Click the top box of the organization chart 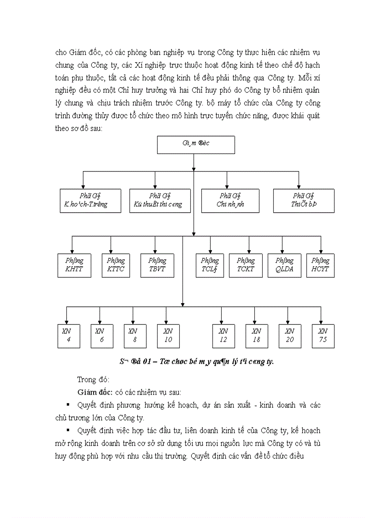pyautogui.click(x=196, y=144)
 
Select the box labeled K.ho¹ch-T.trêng pyautogui.click(x=90, y=201)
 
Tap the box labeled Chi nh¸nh pyautogui.click(x=230, y=201)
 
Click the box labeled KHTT pyautogui.click(x=74, y=265)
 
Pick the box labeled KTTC pyautogui.click(x=116, y=265)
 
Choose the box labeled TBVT pyautogui.click(x=158, y=265)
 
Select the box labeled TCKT pyautogui.click(x=246, y=265)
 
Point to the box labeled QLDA pyautogui.click(x=281, y=265)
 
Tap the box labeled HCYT pyautogui.click(x=320, y=265)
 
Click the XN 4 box pyautogui.click(x=67, y=336)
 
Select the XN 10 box pyautogui.click(x=168, y=336)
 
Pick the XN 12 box pyautogui.click(x=223, y=336)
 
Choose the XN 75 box pyautogui.click(x=323, y=336)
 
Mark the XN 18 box pyautogui.click(x=257, y=336)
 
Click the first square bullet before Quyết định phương pyautogui.click(x=68, y=405)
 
